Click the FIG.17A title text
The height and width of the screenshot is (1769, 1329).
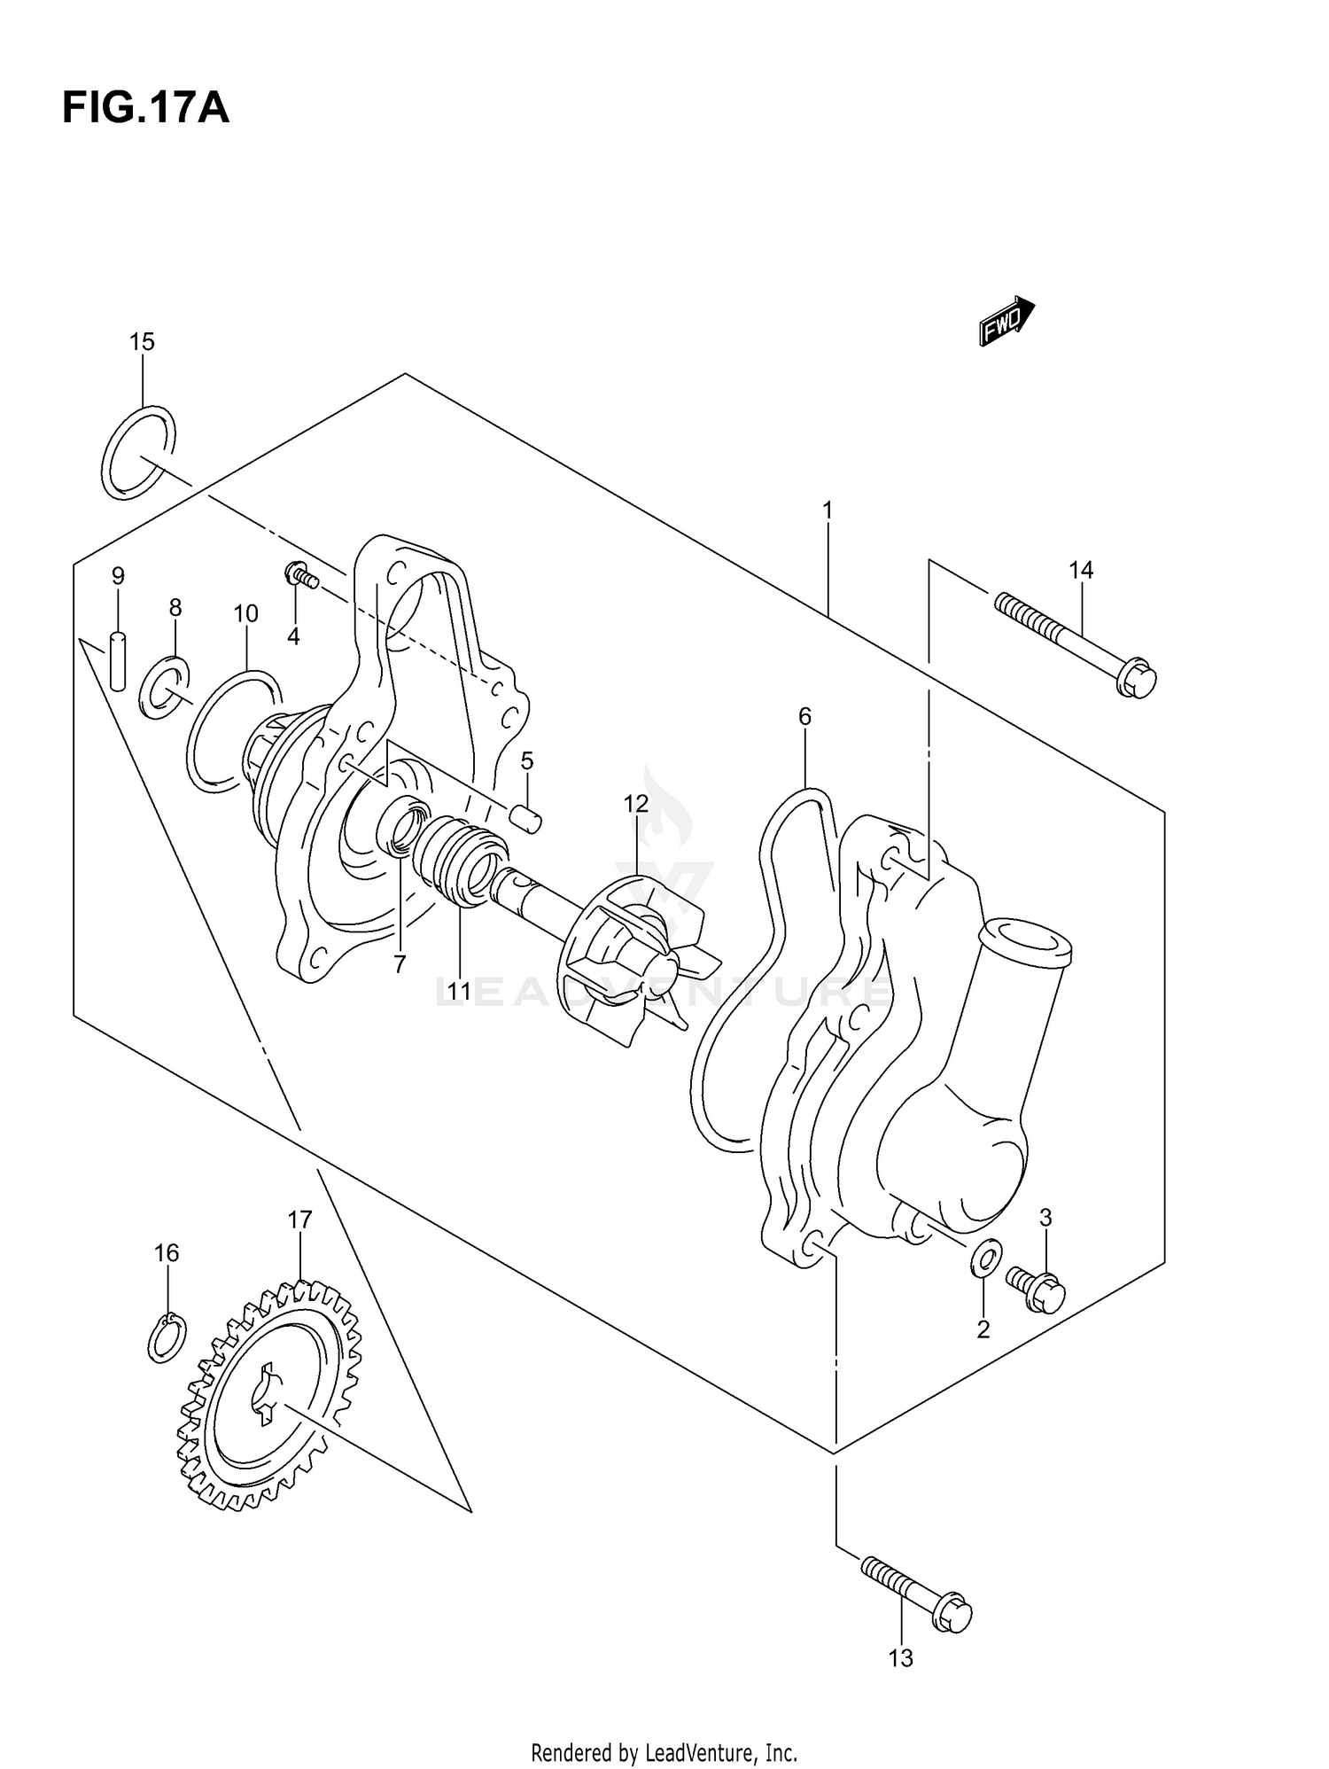[145, 107]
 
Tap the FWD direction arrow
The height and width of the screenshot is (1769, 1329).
[1006, 321]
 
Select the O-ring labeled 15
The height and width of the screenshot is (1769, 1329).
[138, 453]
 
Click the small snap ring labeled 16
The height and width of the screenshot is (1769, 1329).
[167, 1337]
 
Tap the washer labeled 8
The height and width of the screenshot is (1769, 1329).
[164, 689]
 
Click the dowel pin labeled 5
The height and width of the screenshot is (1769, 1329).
[525, 816]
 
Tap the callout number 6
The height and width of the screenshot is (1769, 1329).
[804, 716]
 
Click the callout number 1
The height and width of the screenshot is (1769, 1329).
[827, 510]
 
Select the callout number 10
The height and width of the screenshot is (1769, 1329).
[245, 613]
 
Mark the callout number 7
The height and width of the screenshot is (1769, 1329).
[400, 965]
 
